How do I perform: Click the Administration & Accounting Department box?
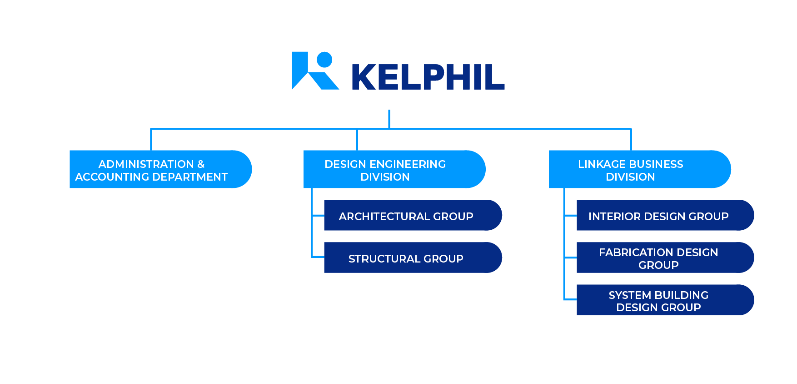pos(160,169)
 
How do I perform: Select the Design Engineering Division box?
pos(394,169)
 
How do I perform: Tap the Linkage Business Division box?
pos(639,169)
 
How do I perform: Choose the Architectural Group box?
pos(413,216)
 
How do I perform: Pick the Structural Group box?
pos(413,258)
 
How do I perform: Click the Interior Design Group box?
pos(665,216)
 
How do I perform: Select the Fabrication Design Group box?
pos(665,258)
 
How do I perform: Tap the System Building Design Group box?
pos(665,300)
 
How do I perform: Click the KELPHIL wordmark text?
pos(428,77)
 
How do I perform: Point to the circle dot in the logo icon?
pos(324,60)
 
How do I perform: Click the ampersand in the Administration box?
pos(201,164)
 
